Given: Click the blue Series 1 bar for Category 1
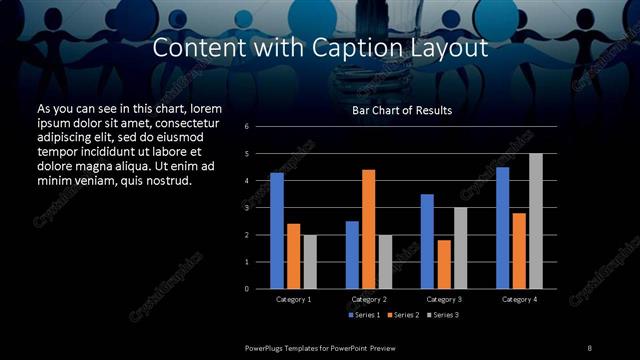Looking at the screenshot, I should (x=277, y=231).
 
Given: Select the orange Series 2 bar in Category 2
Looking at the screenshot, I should (x=369, y=229).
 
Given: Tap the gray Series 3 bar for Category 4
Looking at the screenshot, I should (x=536, y=221).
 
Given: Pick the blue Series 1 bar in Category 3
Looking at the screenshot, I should (x=427, y=241).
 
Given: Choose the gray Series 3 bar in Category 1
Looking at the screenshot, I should (x=310, y=261).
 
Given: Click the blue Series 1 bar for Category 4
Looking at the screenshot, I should (x=503, y=228).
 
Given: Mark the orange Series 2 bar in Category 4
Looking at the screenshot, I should (x=519, y=250).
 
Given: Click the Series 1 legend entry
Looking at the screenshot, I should (x=362, y=315).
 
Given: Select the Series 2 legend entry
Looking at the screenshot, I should (x=401, y=315).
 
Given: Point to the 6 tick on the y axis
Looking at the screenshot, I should (x=261, y=127).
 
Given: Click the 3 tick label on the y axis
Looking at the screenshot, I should (x=261, y=208).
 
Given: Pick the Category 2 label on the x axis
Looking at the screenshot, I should (x=369, y=299).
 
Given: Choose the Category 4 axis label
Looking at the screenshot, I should (x=519, y=299).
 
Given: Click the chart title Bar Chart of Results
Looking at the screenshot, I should (x=402, y=110).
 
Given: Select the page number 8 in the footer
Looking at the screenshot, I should (x=590, y=347).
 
